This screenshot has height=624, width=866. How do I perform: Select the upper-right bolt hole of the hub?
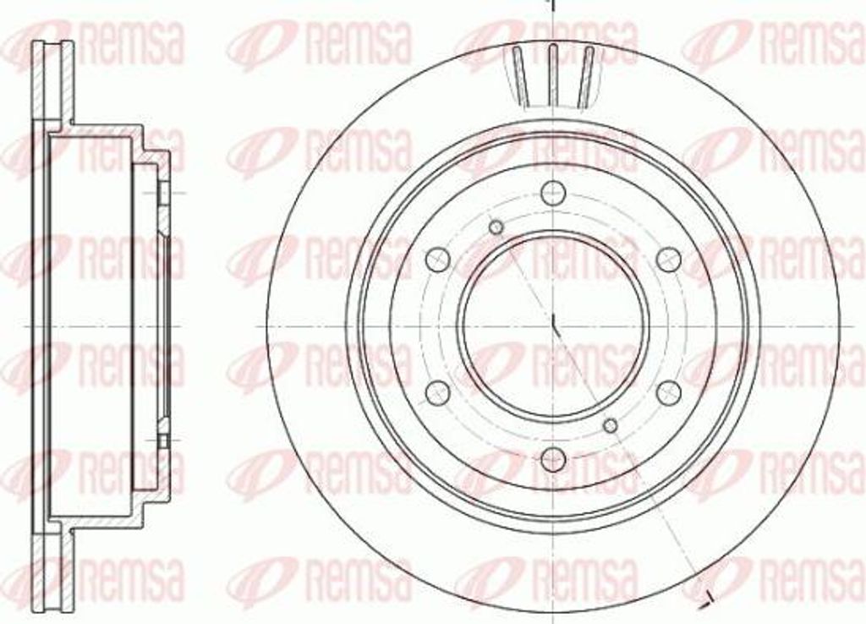tap(669, 258)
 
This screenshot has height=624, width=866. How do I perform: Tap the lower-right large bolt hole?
tap(669, 391)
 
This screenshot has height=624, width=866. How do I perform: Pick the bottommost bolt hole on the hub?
tap(552, 458)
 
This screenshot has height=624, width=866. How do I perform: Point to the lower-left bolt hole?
tap(436, 391)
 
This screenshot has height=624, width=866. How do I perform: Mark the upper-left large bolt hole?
tap(436, 258)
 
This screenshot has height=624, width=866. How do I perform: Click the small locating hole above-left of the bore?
tap(496, 226)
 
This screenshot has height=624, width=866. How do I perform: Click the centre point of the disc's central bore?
tap(552, 325)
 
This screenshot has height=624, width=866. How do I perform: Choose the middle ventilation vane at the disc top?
tap(552, 74)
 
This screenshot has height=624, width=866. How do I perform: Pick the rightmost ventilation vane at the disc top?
tap(585, 76)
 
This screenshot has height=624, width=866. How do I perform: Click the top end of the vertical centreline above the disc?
tap(551, 3)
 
